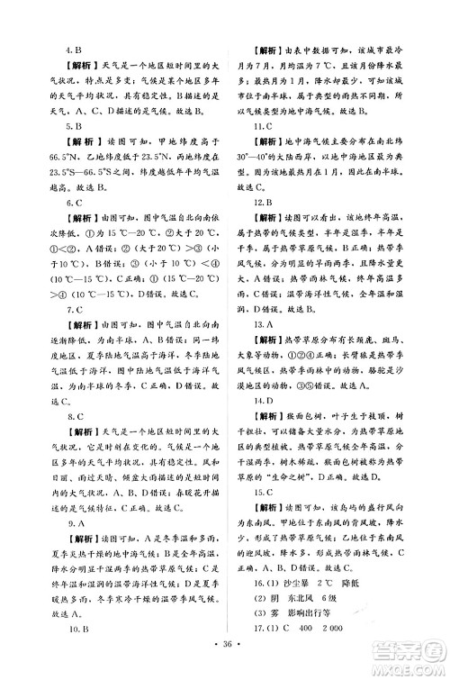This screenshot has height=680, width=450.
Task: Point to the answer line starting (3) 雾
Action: [297, 637]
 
